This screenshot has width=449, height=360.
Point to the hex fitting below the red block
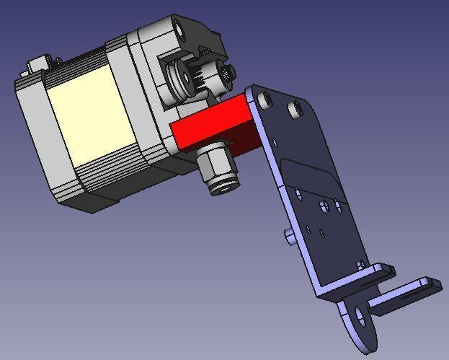tap(214, 166)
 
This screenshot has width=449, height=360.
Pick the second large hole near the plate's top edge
tap(294, 110)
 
